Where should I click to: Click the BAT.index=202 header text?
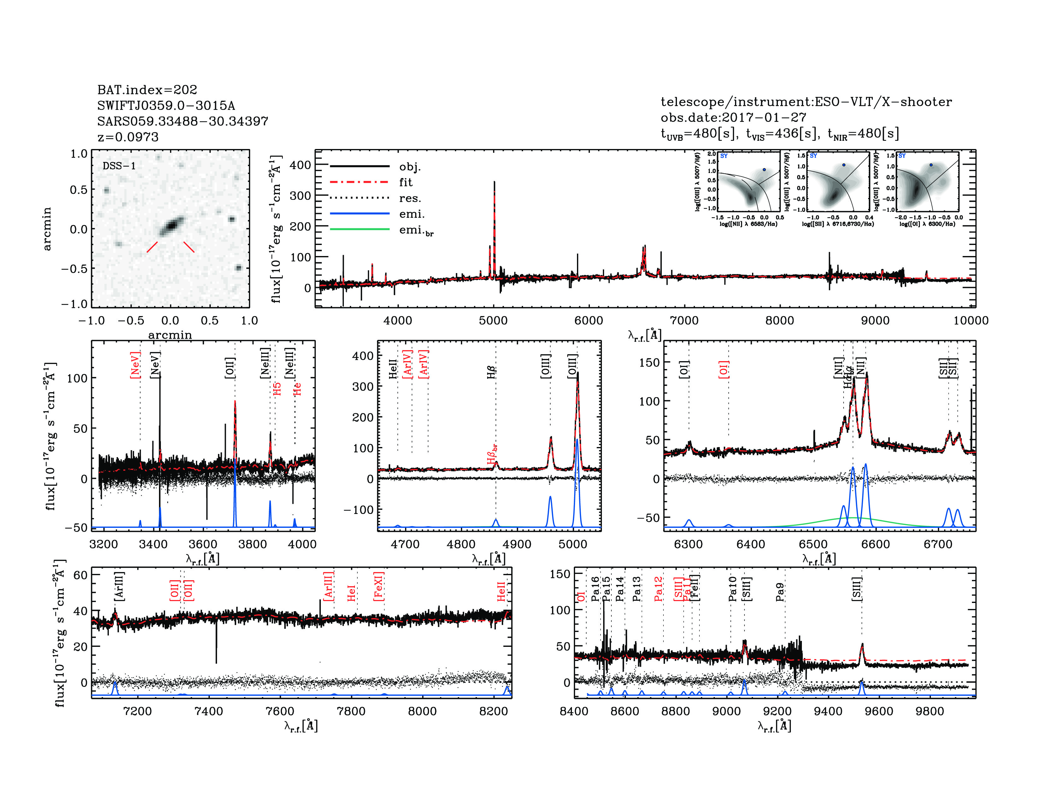147,90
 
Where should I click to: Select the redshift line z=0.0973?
128,137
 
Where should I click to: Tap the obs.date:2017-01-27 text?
733,117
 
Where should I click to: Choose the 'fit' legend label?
406,182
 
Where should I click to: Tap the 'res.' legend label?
410,198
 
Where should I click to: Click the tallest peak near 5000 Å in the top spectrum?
494,182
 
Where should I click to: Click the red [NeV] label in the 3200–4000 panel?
135,365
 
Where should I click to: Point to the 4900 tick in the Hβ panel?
517,544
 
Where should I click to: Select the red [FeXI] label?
379,586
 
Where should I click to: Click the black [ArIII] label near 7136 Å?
119,586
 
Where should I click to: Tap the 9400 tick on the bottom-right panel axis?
828,711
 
